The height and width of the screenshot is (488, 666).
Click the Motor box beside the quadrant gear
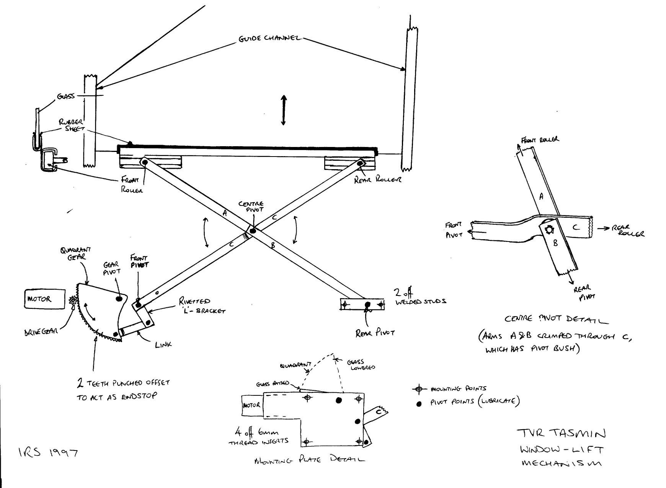click(x=44, y=299)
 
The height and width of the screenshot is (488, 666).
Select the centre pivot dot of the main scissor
click(x=253, y=230)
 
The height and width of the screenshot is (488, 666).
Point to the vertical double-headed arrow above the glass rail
click(x=283, y=110)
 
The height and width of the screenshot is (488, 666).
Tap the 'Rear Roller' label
click(x=377, y=179)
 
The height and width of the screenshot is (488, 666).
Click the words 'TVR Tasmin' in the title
click(x=561, y=433)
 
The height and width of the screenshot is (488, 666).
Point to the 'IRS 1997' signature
click(x=48, y=453)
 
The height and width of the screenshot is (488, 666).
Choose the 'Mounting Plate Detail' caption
click(x=309, y=460)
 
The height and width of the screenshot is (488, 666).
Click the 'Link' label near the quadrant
click(x=163, y=344)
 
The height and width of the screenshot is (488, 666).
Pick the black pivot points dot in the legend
click(x=419, y=403)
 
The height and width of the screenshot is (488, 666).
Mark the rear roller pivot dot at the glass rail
click(x=360, y=164)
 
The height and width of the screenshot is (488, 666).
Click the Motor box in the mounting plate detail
click(x=251, y=405)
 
